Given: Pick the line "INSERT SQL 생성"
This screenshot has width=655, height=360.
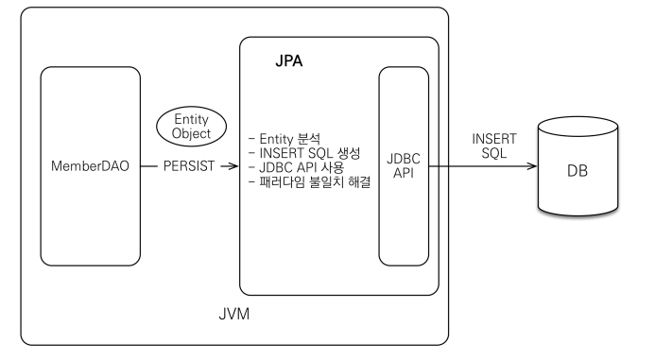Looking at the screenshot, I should point(302,154).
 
